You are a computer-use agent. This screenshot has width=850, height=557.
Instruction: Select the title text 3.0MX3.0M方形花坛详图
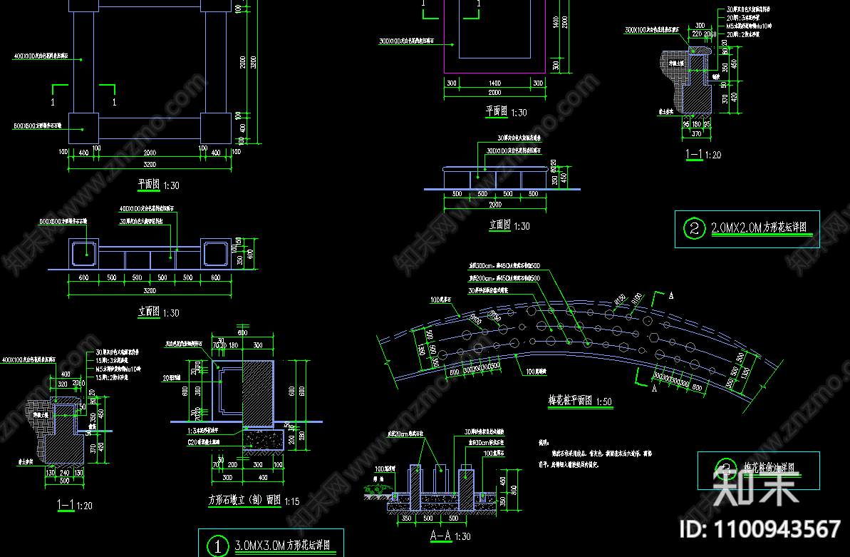(x=282, y=546)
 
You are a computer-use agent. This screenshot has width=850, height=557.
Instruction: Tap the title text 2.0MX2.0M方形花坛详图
(x=759, y=229)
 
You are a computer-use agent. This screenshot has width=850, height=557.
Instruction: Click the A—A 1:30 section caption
(x=450, y=536)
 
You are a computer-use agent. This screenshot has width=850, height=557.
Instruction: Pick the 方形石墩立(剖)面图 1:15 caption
(x=254, y=500)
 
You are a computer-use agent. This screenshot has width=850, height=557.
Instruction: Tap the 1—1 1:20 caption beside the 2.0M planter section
(x=703, y=154)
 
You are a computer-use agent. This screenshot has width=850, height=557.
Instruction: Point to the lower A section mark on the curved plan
(x=654, y=389)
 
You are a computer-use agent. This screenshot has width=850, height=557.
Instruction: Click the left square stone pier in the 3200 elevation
(x=85, y=252)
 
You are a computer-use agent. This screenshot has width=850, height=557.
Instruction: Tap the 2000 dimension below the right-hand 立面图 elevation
(x=494, y=205)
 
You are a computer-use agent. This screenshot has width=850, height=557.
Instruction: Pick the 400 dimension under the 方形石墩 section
(x=264, y=477)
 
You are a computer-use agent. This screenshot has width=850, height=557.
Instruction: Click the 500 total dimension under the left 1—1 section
(x=65, y=481)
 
